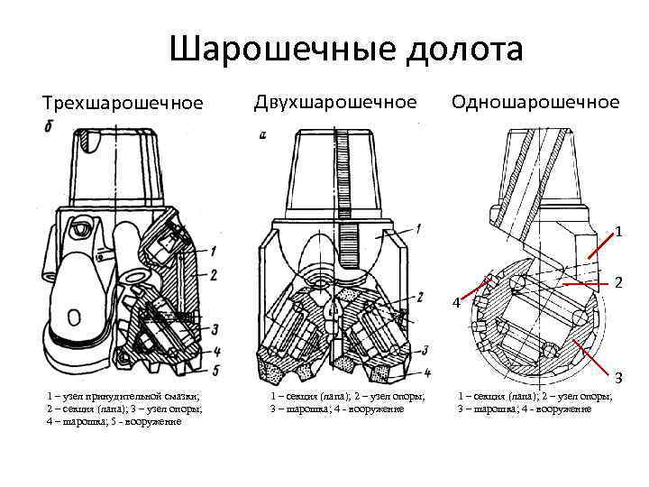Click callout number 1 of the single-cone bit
pos(619,232)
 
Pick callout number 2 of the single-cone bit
pos(619,282)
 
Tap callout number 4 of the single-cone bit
pos(457,302)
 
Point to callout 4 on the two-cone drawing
pos(427,372)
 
